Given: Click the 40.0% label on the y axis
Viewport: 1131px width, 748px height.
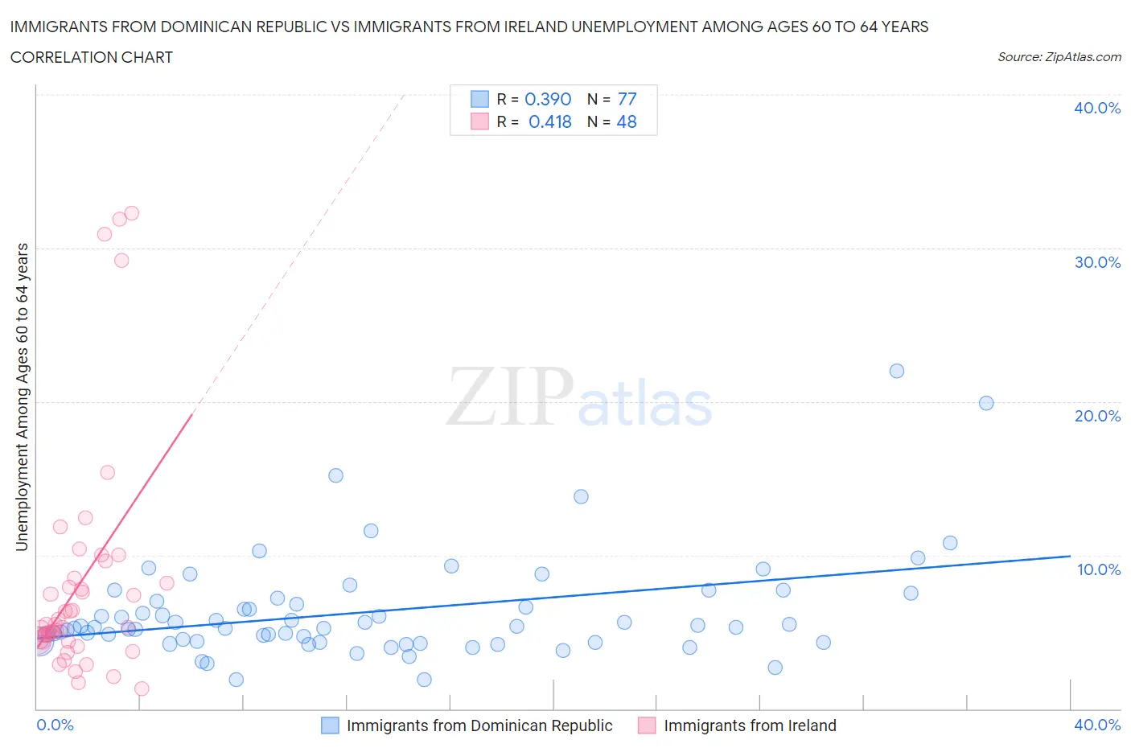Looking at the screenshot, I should (1096, 108).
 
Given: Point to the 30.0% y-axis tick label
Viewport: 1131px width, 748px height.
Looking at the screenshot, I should (1096, 262).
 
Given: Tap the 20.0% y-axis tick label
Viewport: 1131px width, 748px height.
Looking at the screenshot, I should (1096, 416).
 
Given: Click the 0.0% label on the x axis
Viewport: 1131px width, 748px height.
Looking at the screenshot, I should (55, 725).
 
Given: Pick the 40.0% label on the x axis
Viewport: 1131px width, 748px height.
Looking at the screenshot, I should (1096, 725).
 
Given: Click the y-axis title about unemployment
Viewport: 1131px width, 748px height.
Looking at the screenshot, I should (22, 397).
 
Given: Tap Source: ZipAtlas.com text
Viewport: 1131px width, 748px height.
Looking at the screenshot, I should (1059, 57).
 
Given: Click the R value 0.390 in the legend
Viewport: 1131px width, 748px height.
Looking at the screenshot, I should (547, 99).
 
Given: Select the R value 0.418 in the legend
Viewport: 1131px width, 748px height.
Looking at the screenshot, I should (549, 121).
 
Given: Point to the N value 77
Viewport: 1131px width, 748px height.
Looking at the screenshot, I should (627, 99).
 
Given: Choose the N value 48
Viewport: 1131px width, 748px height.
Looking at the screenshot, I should (627, 121).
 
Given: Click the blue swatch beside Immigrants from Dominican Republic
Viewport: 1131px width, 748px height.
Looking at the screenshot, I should (330, 725).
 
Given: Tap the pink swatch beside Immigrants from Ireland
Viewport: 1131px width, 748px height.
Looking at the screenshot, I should (647, 725).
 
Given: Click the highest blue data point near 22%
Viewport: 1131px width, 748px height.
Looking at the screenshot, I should (897, 371).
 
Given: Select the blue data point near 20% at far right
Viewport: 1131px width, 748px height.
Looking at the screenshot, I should (986, 403).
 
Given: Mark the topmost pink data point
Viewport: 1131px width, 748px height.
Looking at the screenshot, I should (132, 213).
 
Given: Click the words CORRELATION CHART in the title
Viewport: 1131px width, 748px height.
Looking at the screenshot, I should (92, 57).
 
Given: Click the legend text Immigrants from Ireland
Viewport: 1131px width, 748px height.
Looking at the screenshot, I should (750, 725).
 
